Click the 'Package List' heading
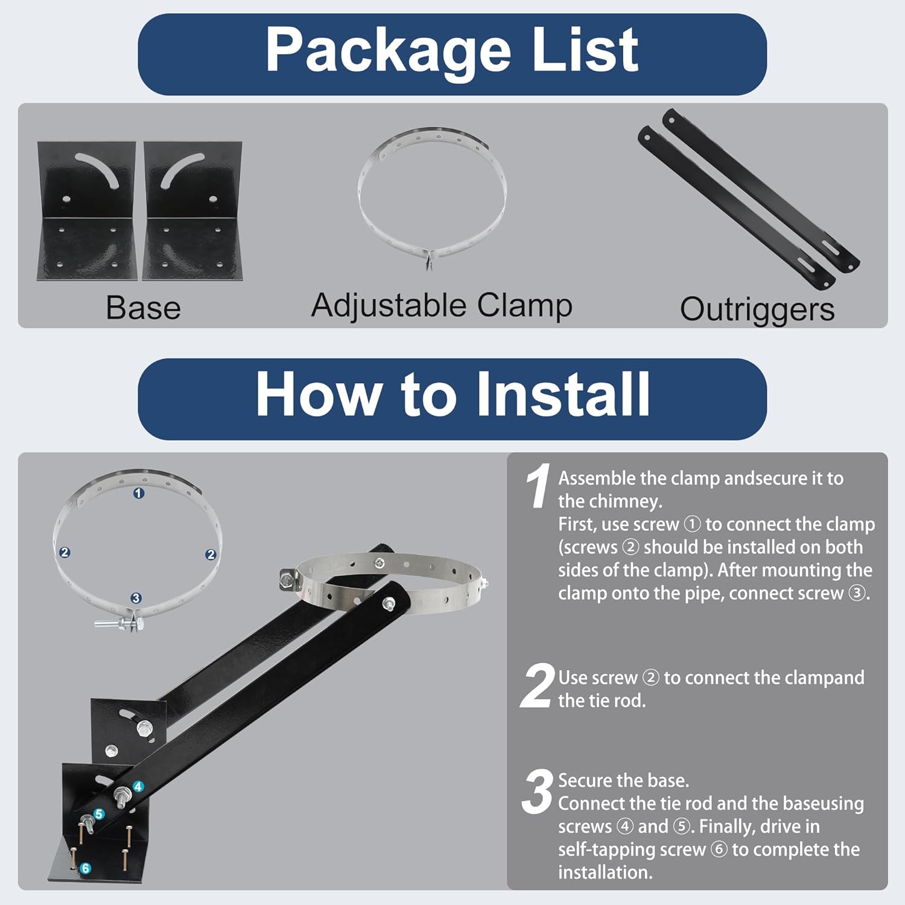452,51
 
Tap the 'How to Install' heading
452,395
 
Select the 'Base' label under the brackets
143,308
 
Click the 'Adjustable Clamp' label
441,305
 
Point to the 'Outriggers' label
757,310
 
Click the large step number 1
537,486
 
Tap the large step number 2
537,686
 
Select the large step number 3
537,792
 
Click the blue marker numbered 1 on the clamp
139,494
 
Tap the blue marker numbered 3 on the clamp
136,598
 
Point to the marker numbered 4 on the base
138,787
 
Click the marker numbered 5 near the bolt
99,815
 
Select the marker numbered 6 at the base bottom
86,868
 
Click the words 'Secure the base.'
623,781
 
